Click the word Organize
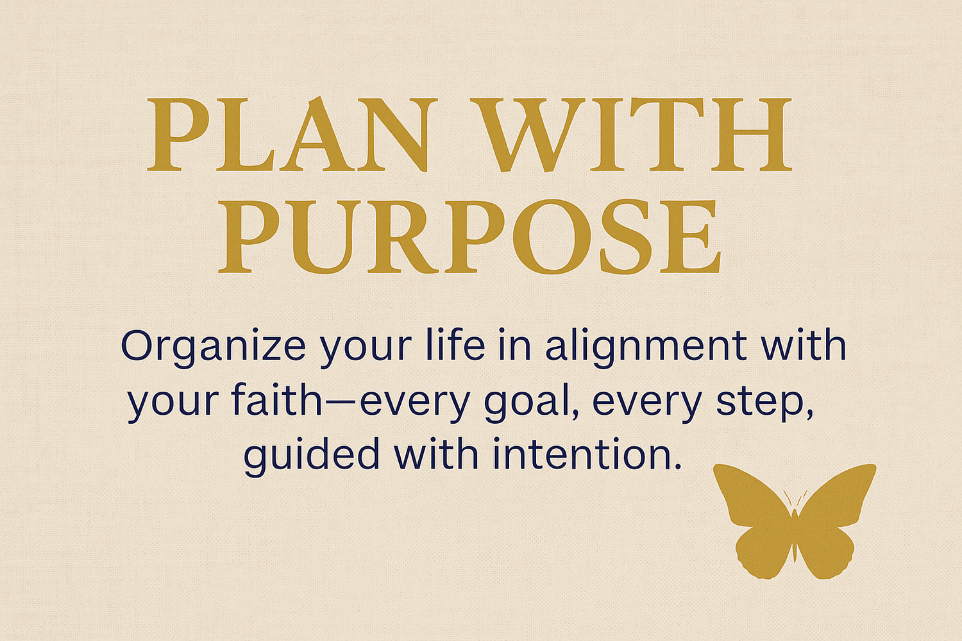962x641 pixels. click(213, 347)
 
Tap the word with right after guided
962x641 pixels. click(436, 454)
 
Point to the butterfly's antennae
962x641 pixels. click(795, 499)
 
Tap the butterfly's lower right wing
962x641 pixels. click(827, 551)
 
